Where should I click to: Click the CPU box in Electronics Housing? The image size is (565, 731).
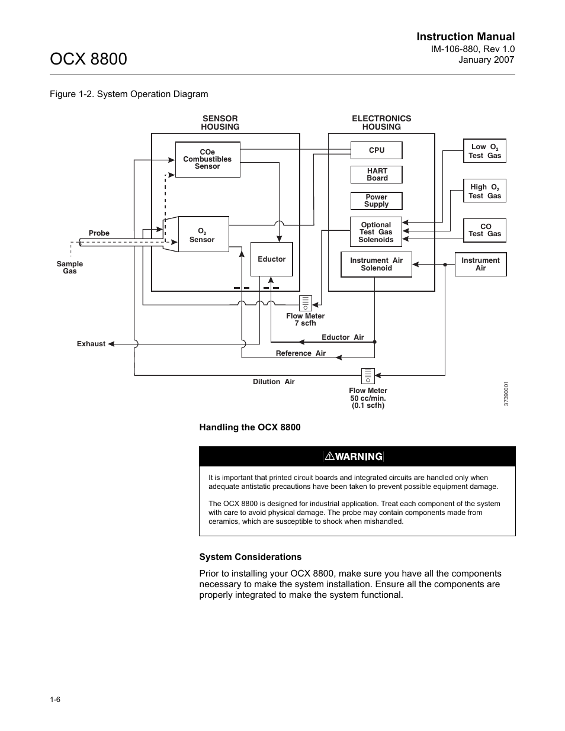click(x=376, y=150)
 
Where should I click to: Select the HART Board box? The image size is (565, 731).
click(x=376, y=175)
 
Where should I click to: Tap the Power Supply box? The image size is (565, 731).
click(x=376, y=201)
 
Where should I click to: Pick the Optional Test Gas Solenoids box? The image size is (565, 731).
click(x=376, y=232)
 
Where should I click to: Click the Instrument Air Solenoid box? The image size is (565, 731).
click(x=376, y=265)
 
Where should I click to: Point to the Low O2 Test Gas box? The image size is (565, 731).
click(x=484, y=151)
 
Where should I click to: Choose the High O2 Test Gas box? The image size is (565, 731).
click(x=484, y=191)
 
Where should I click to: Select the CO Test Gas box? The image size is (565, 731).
click(x=484, y=230)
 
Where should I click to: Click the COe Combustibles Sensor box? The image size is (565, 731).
click(x=207, y=159)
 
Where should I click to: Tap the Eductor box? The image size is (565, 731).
click(x=271, y=259)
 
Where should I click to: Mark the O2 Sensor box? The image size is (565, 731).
click(x=203, y=235)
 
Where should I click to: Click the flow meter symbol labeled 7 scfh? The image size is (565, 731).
click(x=305, y=303)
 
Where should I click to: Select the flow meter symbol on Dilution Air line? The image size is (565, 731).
click(x=368, y=376)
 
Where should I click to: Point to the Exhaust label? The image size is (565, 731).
click(x=91, y=344)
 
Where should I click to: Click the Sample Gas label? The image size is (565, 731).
click(x=70, y=268)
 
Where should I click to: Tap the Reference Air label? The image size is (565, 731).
click(x=300, y=353)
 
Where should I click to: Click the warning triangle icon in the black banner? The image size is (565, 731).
click(x=330, y=456)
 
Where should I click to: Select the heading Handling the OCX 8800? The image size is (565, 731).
click(x=250, y=427)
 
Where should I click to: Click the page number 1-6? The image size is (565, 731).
click(x=55, y=700)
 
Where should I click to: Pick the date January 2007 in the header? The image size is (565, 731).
click(x=487, y=60)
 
